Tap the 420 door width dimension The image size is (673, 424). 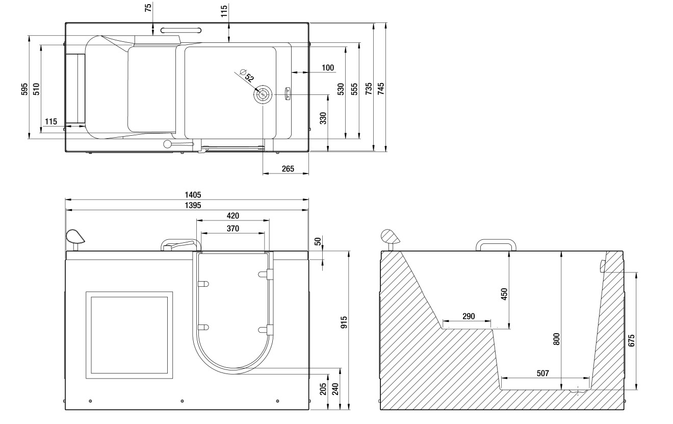coord(232,216)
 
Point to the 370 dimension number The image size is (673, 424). coord(232,228)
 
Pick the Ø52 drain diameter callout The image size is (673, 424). coord(247,77)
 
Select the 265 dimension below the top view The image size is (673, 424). coord(288,169)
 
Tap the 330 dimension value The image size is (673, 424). coord(323,118)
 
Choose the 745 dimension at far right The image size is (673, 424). coord(381,87)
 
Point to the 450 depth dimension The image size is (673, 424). coord(504,294)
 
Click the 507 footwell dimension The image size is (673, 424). coord(543,373)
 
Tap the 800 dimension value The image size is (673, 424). coord(557,339)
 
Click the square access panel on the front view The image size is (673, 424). coord(129,335)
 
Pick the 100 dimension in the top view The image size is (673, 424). coord(328,68)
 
